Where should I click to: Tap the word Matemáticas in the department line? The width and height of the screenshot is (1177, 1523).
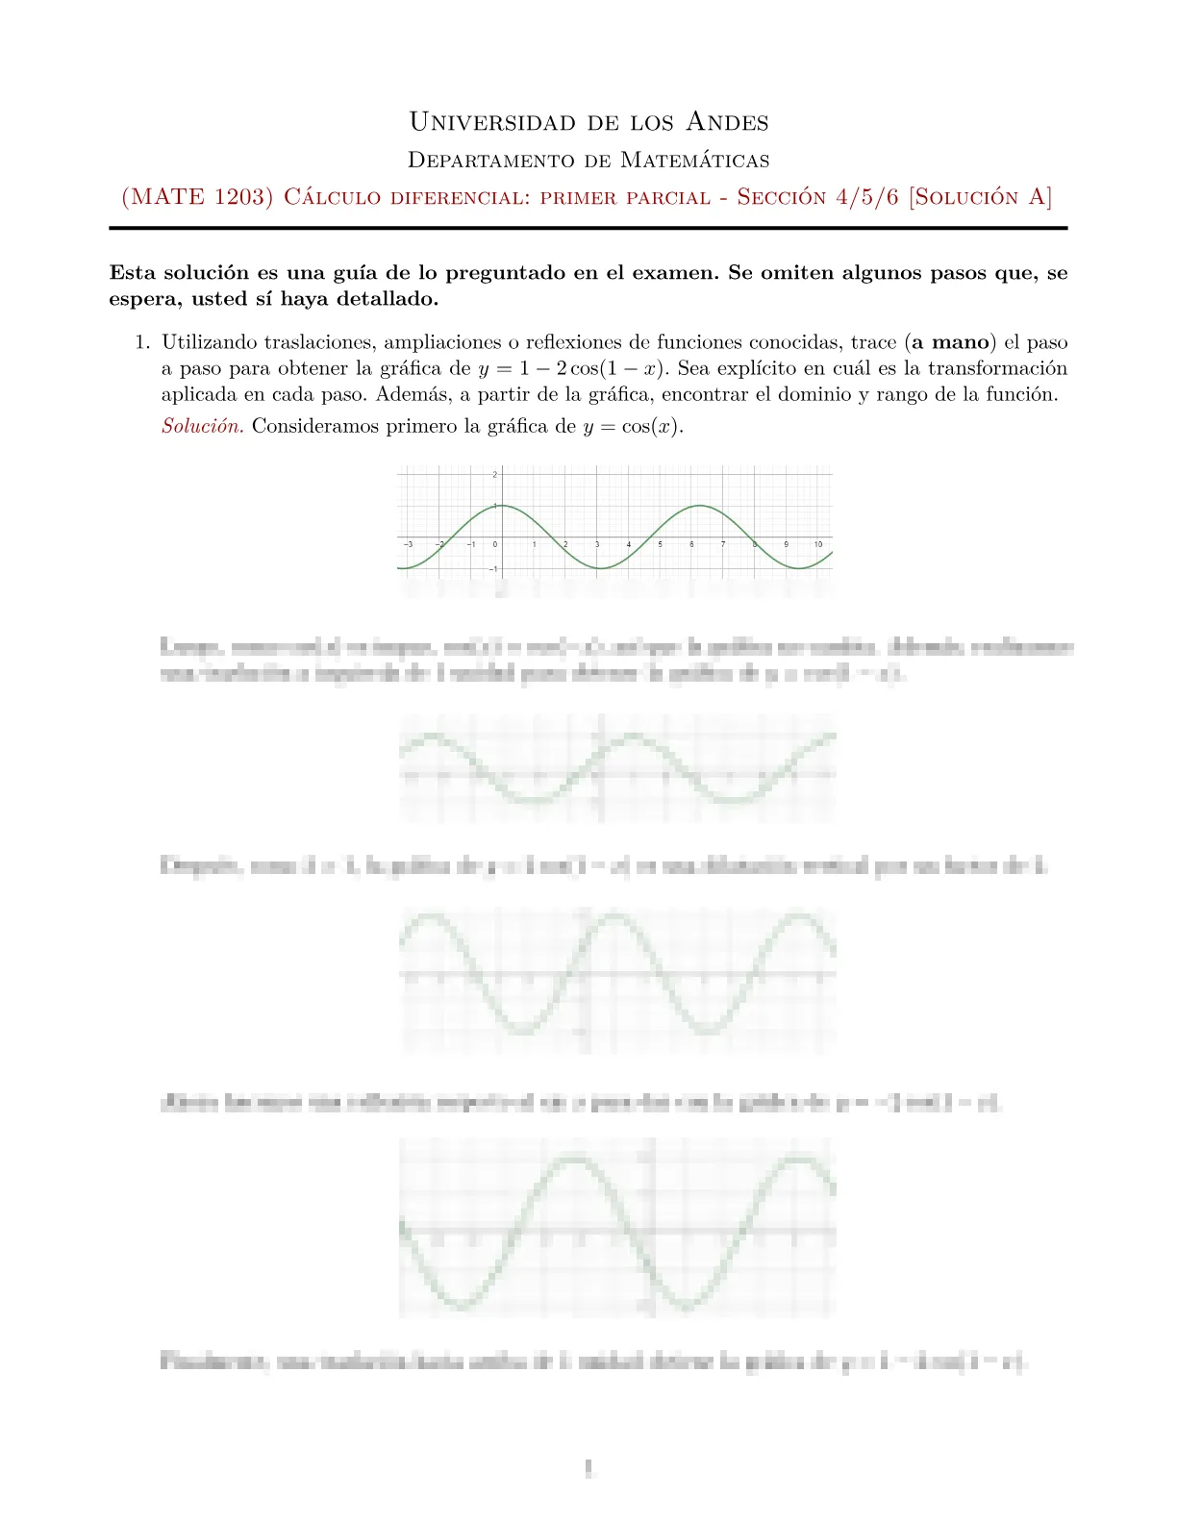click(694, 160)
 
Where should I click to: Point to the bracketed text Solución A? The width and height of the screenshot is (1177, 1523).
click(981, 197)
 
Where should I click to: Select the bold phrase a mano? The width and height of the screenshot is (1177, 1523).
click(950, 342)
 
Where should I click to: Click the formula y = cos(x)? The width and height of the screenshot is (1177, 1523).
click(633, 426)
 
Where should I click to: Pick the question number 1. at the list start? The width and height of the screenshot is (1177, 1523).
click(142, 342)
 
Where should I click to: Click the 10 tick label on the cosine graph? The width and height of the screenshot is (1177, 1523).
click(817, 545)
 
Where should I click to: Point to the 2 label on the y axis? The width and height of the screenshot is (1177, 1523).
click(494, 475)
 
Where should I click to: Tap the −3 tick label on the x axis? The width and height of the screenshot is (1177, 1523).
click(409, 545)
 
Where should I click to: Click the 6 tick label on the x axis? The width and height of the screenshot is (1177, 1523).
click(691, 545)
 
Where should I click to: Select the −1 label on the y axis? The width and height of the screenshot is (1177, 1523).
click(493, 570)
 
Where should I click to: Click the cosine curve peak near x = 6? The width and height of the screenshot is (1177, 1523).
click(701, 506)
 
